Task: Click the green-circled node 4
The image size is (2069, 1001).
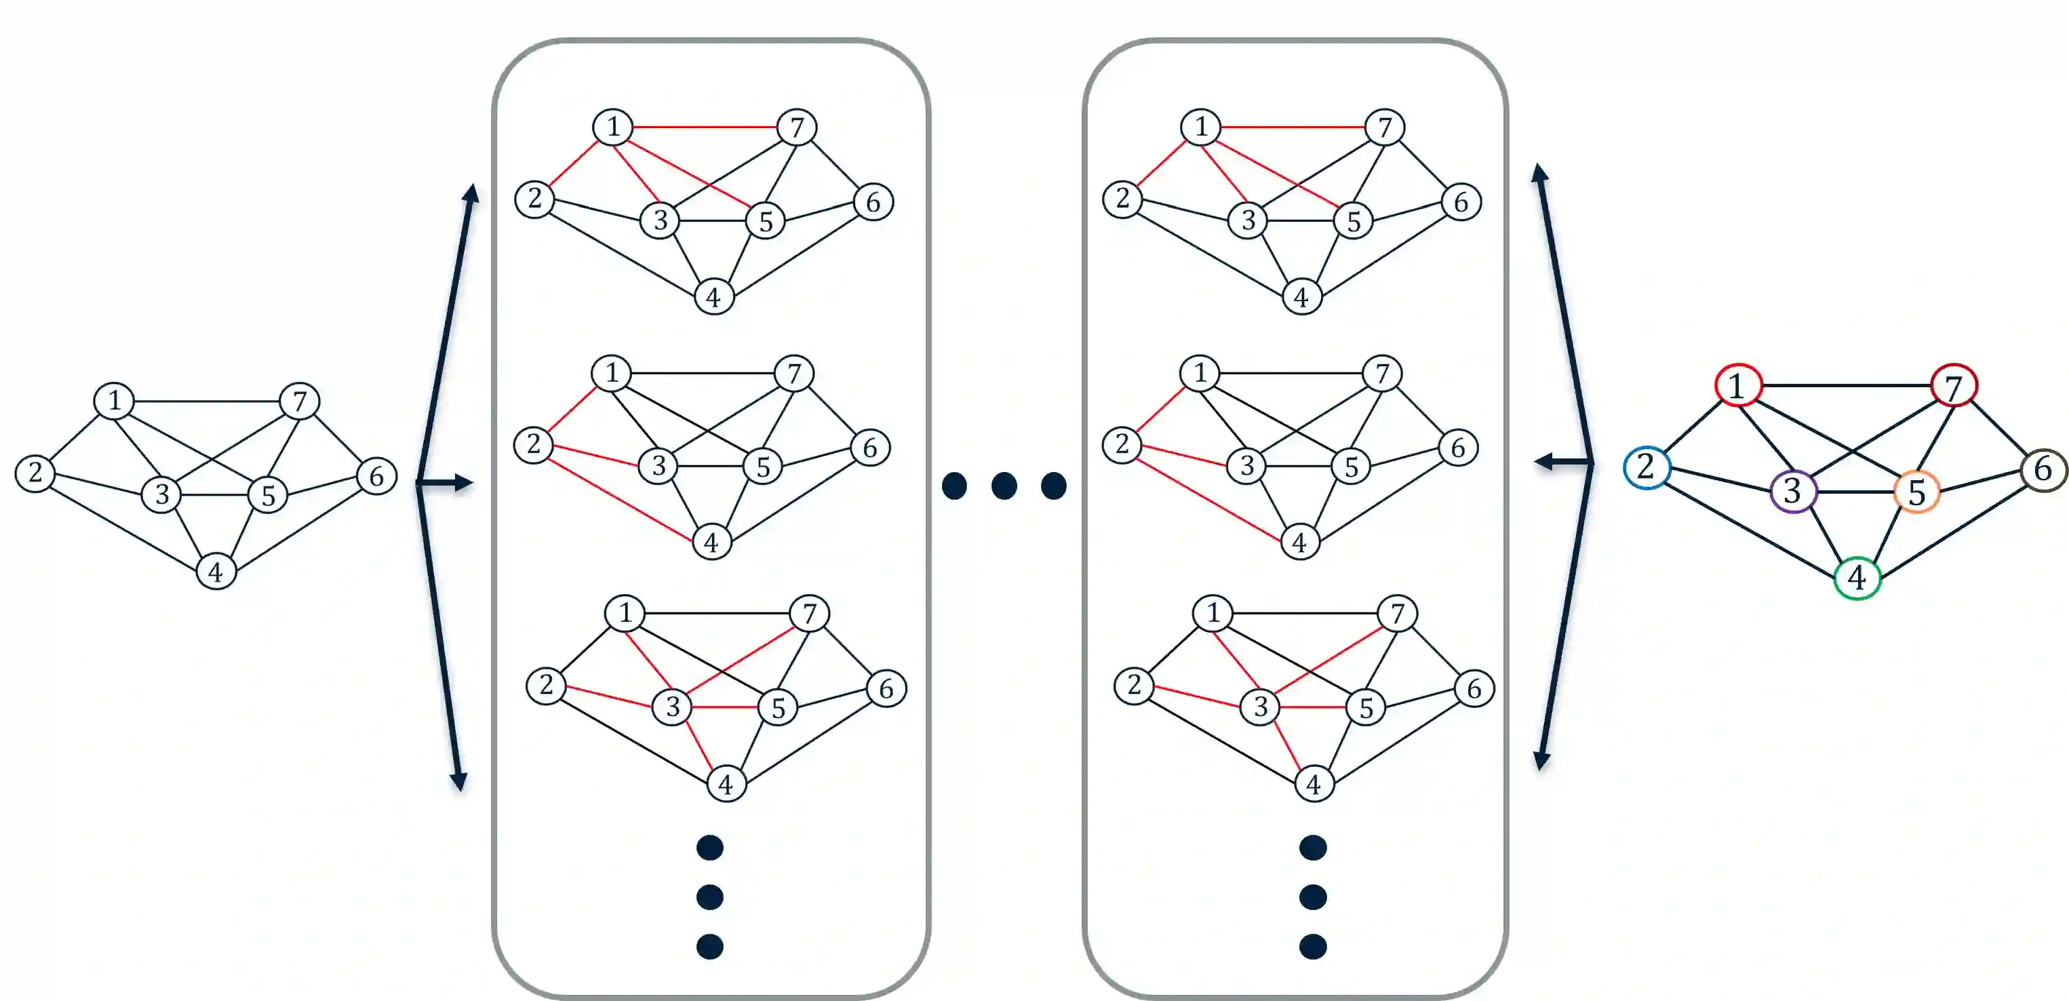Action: click(1856, 578)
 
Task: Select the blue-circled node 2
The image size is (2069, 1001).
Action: click(1646, 467)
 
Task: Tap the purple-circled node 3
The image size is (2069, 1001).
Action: click(1793, 491)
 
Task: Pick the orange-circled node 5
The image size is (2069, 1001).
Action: click(1916, 492)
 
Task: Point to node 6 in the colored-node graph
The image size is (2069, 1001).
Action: click(2043, 469)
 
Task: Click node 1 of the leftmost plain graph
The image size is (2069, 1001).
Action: click(114, 400)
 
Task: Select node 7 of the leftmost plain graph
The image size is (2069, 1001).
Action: click(300, 401)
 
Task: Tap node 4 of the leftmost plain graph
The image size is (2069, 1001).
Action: click(215, 572)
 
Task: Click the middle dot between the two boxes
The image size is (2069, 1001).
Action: click(1004, 485)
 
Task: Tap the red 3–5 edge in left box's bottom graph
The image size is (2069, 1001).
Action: click(726, 707)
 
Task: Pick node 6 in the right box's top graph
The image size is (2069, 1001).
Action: click(1460, 201)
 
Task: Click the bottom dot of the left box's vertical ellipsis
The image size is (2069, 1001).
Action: click(710, 946)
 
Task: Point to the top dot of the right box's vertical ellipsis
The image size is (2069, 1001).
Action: click(1312, 848)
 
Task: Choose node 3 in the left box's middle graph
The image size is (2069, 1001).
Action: click(658, 465)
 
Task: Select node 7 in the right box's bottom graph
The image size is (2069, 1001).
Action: click(1397, 614)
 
